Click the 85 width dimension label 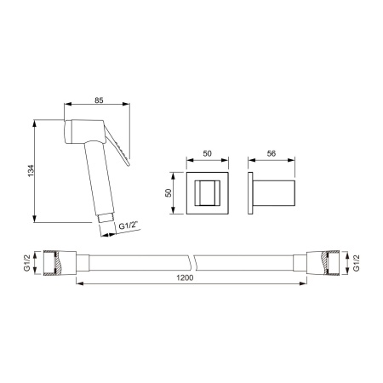click(x=99, y=100)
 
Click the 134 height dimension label click(x=31, y=170)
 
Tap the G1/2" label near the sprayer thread click(x=128, y=226)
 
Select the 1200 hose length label click(x=185, y=277)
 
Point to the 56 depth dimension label click(x=272, y=153)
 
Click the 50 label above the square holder click(x=208, y=153)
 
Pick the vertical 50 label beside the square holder click(x=169, y=193)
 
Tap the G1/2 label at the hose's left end click(x=27, y=263)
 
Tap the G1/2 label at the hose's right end click(x=357, y=263)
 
